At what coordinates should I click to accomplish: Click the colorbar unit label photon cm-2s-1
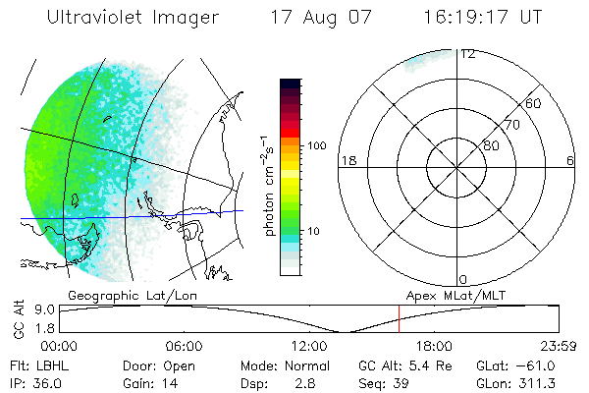point(269,184)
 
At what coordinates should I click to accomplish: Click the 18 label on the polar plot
point(347,160)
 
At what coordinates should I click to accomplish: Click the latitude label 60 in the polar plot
point(534,103)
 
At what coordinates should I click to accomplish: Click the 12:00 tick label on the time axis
point(309,346)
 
